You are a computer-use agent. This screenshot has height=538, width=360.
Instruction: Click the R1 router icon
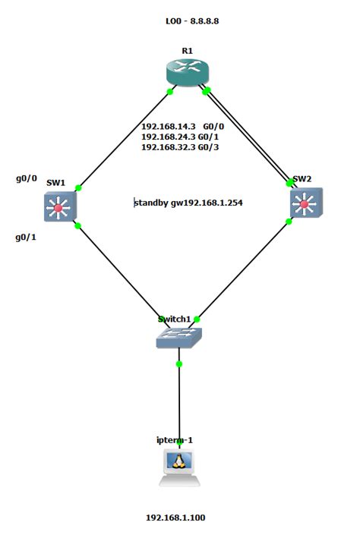187,72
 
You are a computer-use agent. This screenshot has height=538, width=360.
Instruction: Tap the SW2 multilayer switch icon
305,204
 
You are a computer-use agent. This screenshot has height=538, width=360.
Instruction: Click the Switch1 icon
179,337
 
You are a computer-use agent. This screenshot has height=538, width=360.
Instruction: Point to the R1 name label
187,50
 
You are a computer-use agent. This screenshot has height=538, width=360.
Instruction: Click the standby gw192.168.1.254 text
188,203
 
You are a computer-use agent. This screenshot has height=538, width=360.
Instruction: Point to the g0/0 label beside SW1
27,179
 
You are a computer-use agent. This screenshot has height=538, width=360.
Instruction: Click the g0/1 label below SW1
27,237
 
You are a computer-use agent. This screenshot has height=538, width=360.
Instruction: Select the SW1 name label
55,183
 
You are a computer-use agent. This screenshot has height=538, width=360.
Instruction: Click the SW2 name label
302,179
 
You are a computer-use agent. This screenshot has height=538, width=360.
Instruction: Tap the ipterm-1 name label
179,439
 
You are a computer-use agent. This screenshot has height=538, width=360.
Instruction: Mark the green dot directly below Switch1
179,364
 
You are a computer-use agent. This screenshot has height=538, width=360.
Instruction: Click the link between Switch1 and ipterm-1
179,402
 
